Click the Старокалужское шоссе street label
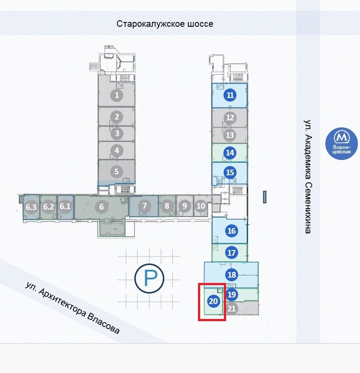(x=165, y=24)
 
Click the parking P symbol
(x=149, y=278)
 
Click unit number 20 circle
(x=213, y=301)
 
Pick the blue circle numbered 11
(x=230, y=95)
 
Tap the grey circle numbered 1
(x=117, y=94)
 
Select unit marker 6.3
(x=31, y=206)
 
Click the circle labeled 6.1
(x=65, y=206)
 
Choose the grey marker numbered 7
(x=144, y=206)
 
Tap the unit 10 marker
(x=201, y=206)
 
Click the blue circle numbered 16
(x=232, y=231)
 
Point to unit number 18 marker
(x=232, y=275)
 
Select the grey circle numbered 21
(x=232, y=308)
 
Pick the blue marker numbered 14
(x=230, y=153)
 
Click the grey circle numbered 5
(x=117, y=172)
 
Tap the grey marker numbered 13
(x=230, y=135)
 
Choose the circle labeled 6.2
(x=48, y=206)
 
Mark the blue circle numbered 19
(x=232, y=294)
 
